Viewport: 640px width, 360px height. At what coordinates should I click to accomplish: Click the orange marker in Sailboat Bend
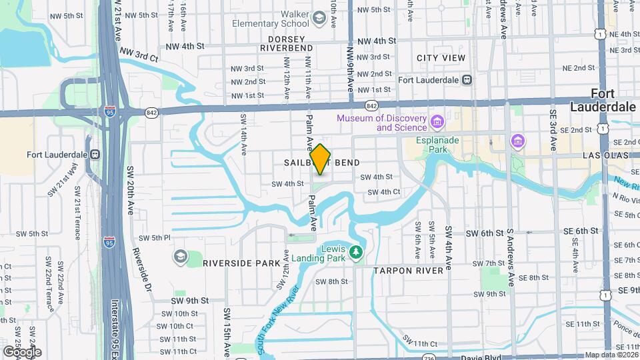pyautogui.click(x=321, y=159)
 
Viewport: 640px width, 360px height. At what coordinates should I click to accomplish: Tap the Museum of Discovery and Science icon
pyautogui.click(x=437, y=123)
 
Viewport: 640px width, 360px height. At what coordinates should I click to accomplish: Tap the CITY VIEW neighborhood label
pyautogui.click(x=441, y=58)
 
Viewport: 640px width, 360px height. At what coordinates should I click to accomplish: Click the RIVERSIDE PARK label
pyautogui.click(x=241, y=263)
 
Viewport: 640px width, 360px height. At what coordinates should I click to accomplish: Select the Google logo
pyautogui.click(x=22, y=352)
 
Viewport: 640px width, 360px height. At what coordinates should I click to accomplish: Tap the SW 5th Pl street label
pyautogui.click(x=155, y=238)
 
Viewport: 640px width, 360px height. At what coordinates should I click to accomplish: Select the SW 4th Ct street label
pyautogui.click(x=383, y=192)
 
